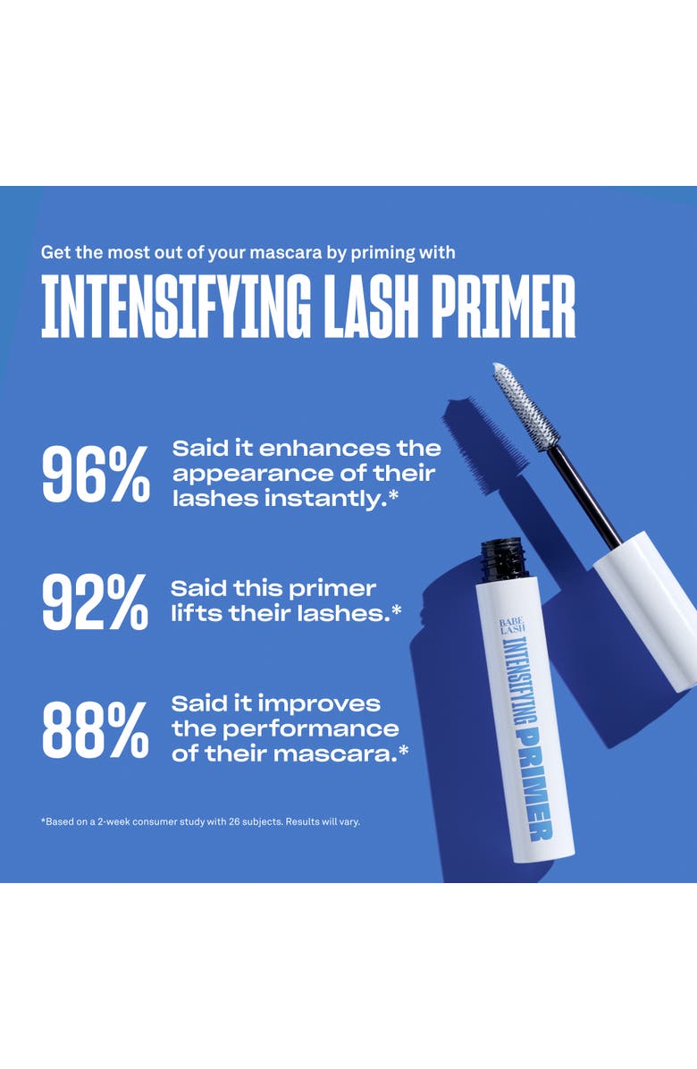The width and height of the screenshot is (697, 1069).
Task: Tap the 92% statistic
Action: point(96,602)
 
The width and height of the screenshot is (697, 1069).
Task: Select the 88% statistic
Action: point(96,729)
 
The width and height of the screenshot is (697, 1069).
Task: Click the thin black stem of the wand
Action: point(584,495)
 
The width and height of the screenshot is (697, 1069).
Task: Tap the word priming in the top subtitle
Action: point(382,253)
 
